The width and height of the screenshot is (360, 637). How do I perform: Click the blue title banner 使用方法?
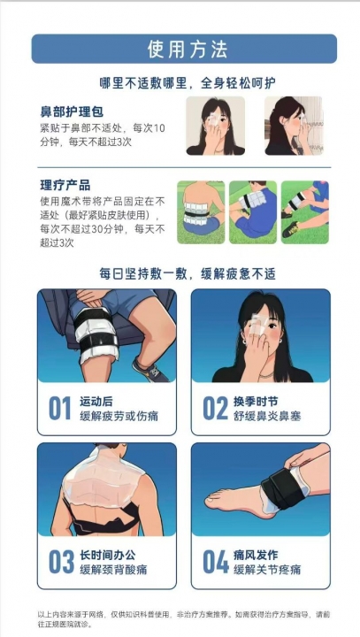click(184, 49)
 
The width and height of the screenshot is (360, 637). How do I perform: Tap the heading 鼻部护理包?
click(72, 111)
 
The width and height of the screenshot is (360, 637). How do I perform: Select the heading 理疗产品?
click(65, 186)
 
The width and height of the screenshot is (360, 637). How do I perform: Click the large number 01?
click(60, 408)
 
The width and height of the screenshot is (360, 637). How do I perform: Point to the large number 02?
click(215, 408)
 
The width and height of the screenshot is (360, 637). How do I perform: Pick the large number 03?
click(61, 562)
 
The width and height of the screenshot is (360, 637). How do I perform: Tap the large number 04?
click(215, 562)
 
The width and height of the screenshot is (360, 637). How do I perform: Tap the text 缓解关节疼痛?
click(267, 570)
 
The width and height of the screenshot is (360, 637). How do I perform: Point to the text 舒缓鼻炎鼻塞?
click(267, 416)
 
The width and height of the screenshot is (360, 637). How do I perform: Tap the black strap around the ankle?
click(282, 488)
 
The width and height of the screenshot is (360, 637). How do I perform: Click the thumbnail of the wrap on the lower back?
click(201, 212)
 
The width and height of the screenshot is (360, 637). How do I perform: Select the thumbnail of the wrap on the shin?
click(305, 212)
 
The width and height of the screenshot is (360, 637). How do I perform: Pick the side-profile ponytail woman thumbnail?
click(294, 126)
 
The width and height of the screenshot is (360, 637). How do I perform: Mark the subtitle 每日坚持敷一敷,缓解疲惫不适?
click(188, 273)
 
